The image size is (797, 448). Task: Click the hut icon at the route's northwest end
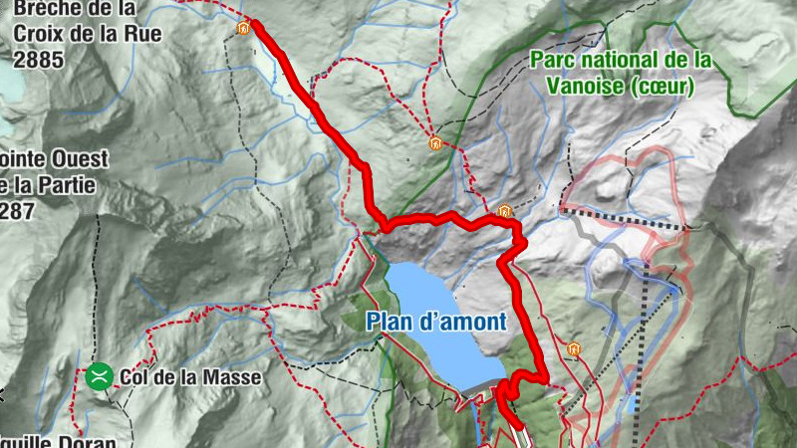point(242,28)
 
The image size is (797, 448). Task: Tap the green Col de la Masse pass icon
point(99,376)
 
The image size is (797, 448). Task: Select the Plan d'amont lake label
point(435,322)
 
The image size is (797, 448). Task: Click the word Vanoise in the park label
point(586,86)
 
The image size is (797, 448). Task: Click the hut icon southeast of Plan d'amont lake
point(573,349)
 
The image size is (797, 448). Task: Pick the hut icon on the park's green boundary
point(434,142)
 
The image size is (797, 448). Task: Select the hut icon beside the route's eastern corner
point(504,211)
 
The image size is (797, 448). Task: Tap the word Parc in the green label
point(553,60)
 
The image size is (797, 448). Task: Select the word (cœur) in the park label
point(662,86)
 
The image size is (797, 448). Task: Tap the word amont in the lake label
point(472,322)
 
